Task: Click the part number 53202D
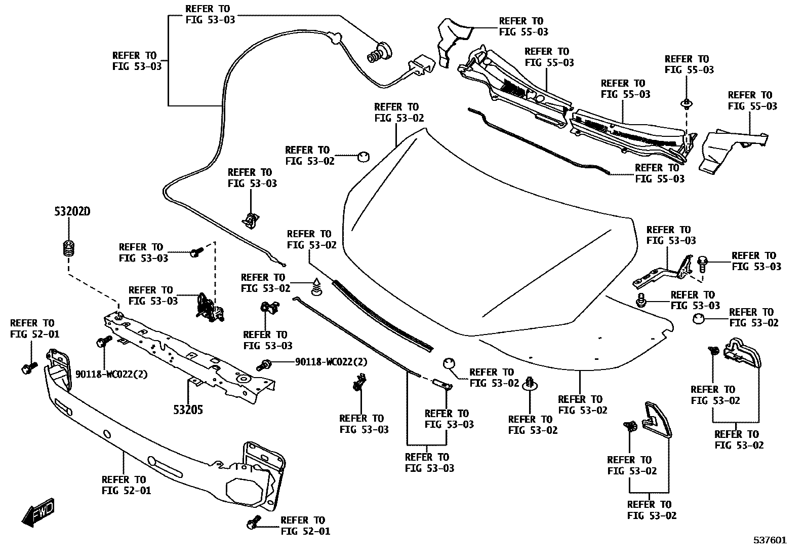point(72,211)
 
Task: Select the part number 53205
point(188,410)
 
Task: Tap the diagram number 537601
point(770,540)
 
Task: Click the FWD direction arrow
point(38,512)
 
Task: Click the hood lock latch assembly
point(210,307)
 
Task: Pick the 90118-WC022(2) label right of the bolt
point(331,362)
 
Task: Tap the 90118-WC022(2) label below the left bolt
point(111,374)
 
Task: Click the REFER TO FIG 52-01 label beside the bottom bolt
point(305,525)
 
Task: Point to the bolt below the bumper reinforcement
point(253,522)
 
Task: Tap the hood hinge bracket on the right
point(663,272)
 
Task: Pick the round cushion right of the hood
point(698,319)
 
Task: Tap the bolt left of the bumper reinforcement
point(28,368)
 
